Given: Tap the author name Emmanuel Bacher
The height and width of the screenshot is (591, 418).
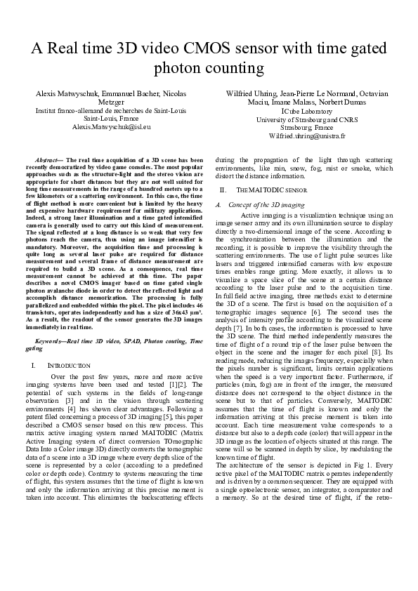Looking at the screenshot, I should point(130,93).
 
